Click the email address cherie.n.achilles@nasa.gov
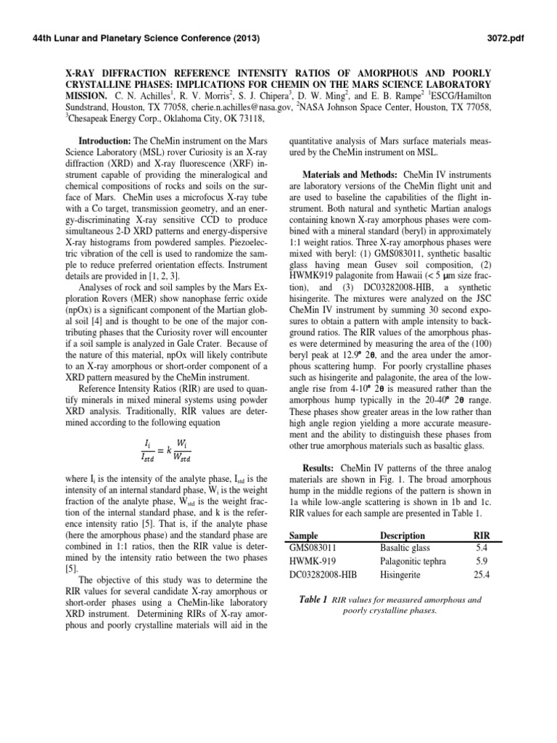211,106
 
